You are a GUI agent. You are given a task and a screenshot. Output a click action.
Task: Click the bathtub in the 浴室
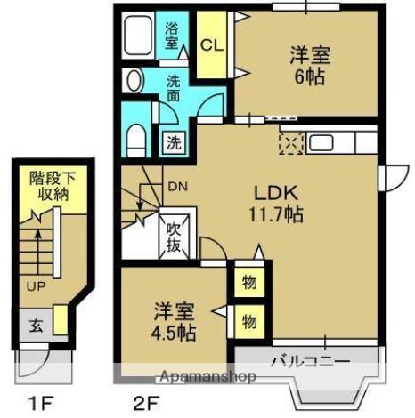click(x=138, y=36)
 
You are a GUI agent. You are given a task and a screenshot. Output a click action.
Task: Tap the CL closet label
click(x=212, y=46)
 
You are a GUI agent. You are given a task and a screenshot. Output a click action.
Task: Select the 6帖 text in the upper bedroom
click(x=309, y=77)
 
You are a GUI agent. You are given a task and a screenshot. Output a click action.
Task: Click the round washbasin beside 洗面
click(x=134, y=81)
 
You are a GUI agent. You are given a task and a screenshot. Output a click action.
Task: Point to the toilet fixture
click(x=136, y=141)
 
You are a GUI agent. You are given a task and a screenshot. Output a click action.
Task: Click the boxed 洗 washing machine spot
click(x=174, y=142)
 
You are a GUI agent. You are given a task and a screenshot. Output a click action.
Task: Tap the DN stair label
click(x=178, y=187)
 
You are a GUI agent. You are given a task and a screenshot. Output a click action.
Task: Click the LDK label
click(x=276, y=193)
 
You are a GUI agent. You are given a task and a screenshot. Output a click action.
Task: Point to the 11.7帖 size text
click(x=276, y=214)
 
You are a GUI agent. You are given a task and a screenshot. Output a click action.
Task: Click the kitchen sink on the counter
click(x=321, y=143)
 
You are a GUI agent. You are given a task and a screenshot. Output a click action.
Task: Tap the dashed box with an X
click(x=291, y=143)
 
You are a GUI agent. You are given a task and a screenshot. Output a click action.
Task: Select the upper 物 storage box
click(x=249, y=282)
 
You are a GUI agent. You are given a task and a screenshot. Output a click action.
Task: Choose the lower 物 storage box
click(x=249, y=321)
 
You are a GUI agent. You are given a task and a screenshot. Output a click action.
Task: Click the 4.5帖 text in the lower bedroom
click(x=174, y=334)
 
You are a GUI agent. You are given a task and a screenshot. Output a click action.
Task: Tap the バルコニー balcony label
click(x=311, y=362)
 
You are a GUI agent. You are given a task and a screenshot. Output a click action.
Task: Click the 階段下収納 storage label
click(x=53, y=186)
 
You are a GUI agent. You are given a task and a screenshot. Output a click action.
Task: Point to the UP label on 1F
click(x=36, y=286)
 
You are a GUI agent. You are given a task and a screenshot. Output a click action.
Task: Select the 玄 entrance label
click(x=37, y=326)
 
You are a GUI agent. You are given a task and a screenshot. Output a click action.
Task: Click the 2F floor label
click(x=146, y=404)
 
